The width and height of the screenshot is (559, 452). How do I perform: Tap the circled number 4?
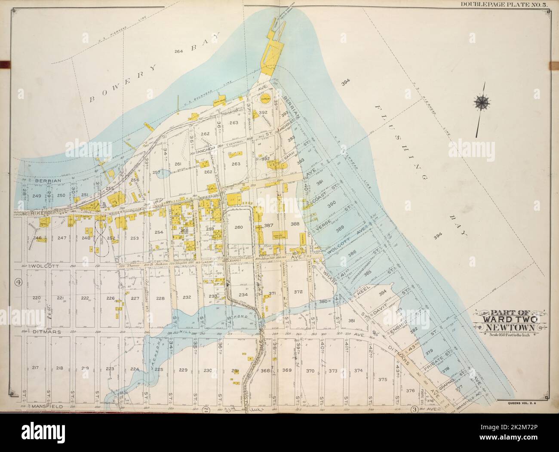click(18, 282)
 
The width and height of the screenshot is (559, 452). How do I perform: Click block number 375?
click(383, 379)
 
